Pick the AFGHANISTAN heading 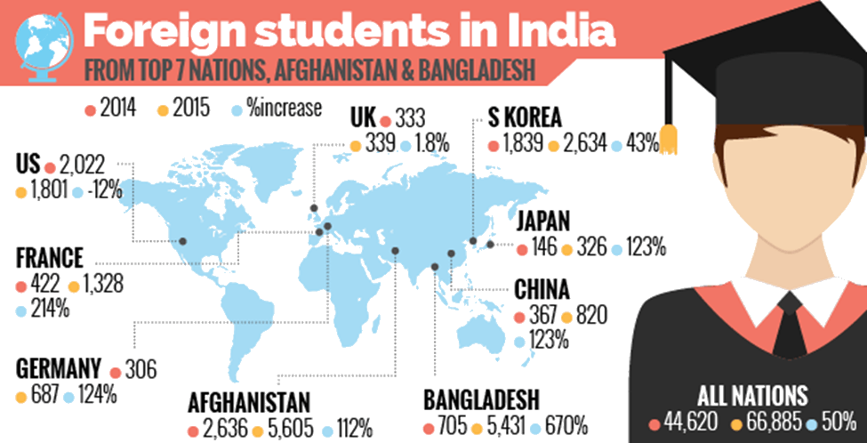[x=249, y=401]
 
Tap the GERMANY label [x=56, y=368]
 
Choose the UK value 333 [x=411, y=118]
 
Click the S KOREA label [x=526, y=117]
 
